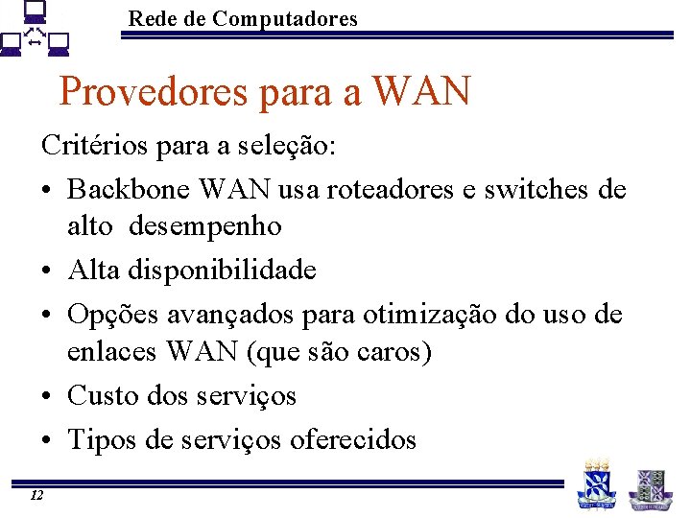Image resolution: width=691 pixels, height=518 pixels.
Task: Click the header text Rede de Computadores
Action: pyautogui.click(x=242, y=18)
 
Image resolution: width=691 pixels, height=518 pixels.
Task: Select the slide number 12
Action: pyautogui.click(x=36, y=495)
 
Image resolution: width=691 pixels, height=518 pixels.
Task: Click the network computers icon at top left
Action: pyautogui.click(x=36, y=32)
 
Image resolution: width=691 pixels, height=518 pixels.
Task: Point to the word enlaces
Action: pyautogui.click(x=111, y=352)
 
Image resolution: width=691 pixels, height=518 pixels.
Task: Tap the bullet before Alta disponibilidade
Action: pyautogui.click(x=48, y=271)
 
